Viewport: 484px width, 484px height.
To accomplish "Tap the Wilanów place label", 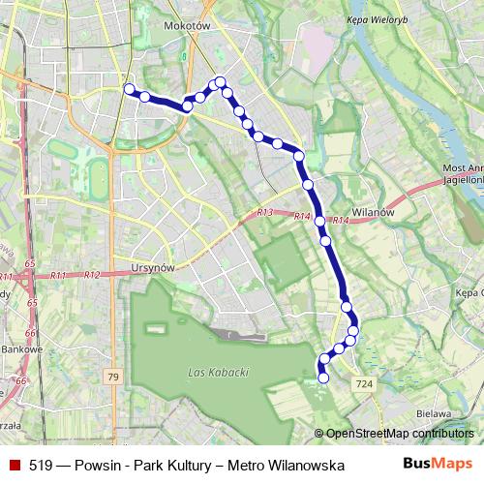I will click(x=371, y=212).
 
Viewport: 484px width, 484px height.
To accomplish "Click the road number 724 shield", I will click(x=364, y=385).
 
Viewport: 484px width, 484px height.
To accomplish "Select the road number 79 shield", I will click(x=114, y=376).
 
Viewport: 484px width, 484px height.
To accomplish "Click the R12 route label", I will click(x=92, y=275).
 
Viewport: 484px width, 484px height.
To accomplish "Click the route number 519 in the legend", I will click(x=41, y=466).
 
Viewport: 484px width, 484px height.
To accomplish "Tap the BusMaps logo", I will click(x=438, y=465).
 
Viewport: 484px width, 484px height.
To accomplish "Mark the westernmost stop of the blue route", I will click(x=129, y=89).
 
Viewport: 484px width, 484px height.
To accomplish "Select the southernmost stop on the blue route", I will click(x=323, y=378).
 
